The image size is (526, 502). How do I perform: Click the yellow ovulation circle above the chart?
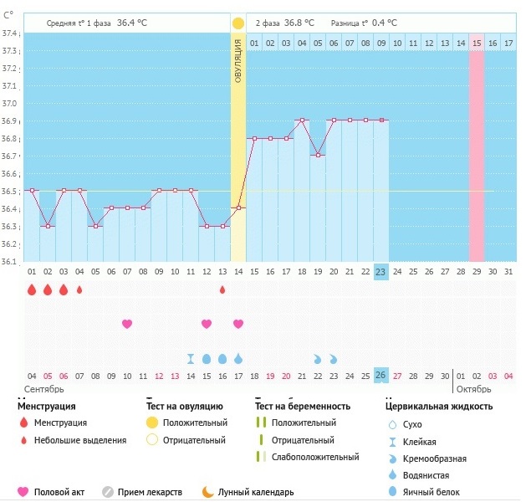point(238,23)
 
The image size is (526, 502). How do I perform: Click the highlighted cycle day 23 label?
point(380,271)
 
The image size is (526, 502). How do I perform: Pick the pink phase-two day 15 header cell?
point(477,42)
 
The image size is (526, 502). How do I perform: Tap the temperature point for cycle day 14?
point(238,207)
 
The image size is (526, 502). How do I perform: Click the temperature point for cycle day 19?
point(318,155)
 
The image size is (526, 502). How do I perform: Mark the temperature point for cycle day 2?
point(48,226)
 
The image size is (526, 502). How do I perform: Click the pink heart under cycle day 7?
point(127,324)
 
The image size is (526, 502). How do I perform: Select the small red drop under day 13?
point(222,289)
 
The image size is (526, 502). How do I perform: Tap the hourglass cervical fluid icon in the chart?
point(191,358)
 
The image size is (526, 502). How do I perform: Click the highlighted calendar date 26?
point(380,375)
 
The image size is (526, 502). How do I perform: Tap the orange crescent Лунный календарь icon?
point(207,492)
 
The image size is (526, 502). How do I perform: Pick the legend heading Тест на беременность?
point(304,406)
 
